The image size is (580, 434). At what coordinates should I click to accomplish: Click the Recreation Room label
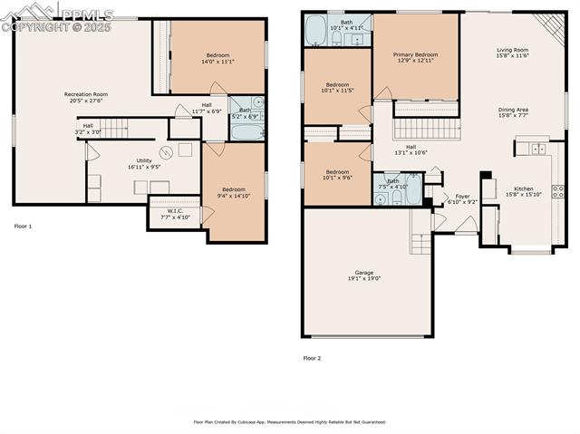(x=86, y=94)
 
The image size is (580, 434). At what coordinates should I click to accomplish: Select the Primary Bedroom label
(x=416, y=55)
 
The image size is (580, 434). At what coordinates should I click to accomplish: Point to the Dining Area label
(x=513, y=110)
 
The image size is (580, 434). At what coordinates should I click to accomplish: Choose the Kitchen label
(x=524, y=188)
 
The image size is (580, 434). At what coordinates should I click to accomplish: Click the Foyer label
(x=462, y=197)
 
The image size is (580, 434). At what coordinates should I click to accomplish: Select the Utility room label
(x=144, y=160)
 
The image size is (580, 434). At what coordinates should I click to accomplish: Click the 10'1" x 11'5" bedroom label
(x=337, y=85)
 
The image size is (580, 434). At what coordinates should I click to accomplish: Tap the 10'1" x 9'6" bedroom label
(x=337, y=172)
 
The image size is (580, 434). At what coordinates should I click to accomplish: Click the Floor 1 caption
(x=23, y=226)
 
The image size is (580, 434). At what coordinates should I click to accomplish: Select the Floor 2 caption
(x=312, y=358)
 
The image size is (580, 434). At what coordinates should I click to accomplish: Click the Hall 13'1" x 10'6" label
(x=411, y=147)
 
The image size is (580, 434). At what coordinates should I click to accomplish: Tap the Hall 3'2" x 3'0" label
(x=88, y=126)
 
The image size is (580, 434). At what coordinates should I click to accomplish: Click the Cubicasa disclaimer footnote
(x=289, y=421)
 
